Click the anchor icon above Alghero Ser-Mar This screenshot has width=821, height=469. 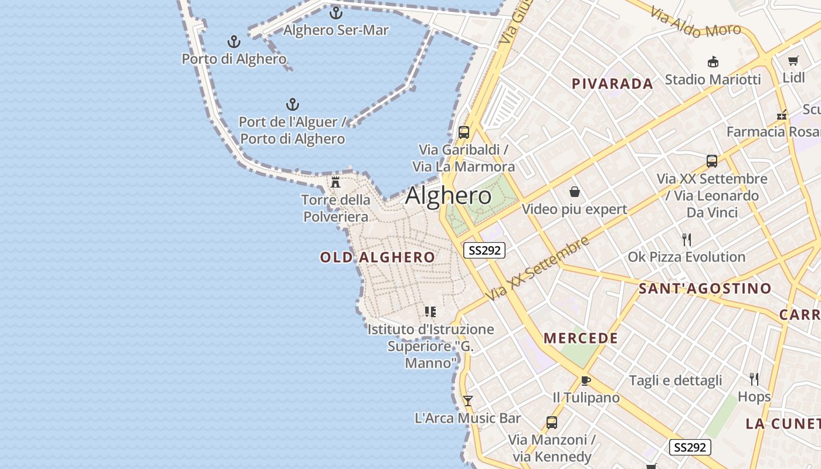pyautogui.click(x=336, y=12)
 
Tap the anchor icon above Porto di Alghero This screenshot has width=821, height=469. pyautogui.click(x=234, y=42)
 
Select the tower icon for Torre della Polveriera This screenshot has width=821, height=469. pyautogui.click(x=335, y=182)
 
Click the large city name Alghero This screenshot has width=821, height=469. pyautogui.click(x=448, y=195)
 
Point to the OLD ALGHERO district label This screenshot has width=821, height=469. pyautogui.click(x=378, y=257)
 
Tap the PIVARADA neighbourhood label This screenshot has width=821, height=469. pyautogui.click(x=612, y=83)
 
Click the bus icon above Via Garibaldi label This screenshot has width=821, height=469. pyautogui.click(x=464, y=132)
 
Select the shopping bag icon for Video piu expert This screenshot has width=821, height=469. pyautogui.click(x=574, y=192)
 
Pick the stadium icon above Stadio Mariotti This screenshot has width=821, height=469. pyautogui.click(x=713, y=62)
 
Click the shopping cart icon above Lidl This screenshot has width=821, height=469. pyautogui.click(x=793, y=60)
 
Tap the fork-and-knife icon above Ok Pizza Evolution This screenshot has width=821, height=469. pyautogui.click(x=687, y=239)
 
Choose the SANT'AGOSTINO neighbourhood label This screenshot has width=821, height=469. pyautogui.click(x=705, y=288)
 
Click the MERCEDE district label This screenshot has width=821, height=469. pyautogui.click(x=581, y=338)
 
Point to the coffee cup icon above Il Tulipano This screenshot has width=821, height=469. pyautogui.click(x=585, y=380)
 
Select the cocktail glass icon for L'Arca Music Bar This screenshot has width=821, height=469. pyautogui.click(x=467, y=401)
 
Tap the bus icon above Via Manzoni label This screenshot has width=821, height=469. pyautogui.click(x=551, y=422)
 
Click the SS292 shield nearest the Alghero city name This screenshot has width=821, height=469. pyautogui.click(x=484, y=250)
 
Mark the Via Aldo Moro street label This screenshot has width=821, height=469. pyautogui.click(x=696, y=23)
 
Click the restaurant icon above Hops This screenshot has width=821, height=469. pyautogui.click(x=754, y=379)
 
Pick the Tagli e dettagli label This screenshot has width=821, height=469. pyautogui.click(x=676, y=380)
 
